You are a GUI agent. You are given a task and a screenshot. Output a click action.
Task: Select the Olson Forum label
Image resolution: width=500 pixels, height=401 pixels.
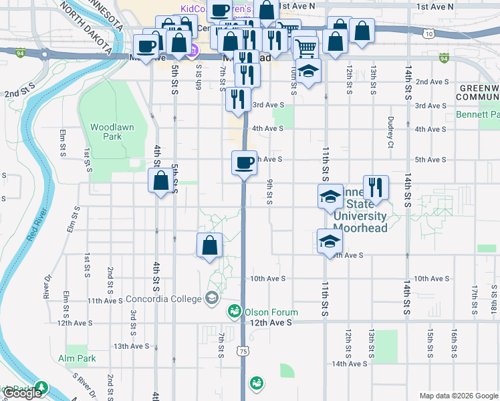[271, 312]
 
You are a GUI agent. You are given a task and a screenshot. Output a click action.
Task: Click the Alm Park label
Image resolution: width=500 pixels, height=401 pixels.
[77, 358]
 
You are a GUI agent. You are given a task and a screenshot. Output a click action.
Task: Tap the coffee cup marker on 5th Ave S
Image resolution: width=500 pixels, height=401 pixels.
[244, 162]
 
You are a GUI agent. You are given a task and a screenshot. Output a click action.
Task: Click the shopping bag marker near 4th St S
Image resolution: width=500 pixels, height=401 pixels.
[160, 180]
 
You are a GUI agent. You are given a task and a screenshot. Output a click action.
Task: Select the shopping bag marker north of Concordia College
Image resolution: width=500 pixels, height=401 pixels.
[210, 245]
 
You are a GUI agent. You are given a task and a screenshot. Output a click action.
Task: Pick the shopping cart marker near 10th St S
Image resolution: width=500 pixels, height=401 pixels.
[305, 47]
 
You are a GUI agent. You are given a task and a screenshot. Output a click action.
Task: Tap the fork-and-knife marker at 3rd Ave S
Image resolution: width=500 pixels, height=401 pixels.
[238, 100]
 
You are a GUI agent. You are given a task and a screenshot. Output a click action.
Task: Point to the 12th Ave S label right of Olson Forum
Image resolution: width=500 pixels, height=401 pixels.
[272, 323]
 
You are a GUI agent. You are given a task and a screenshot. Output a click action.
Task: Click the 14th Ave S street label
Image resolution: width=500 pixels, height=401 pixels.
[350, 364]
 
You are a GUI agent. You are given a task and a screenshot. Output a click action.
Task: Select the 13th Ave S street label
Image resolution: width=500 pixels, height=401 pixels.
[130, 346]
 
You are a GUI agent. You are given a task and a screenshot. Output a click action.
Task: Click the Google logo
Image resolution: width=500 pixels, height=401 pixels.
[23, 393]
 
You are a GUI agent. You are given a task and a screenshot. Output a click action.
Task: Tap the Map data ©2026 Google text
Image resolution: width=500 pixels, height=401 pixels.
[459, 396]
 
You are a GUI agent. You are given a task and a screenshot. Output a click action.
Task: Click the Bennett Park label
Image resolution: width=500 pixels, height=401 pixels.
[477, 115]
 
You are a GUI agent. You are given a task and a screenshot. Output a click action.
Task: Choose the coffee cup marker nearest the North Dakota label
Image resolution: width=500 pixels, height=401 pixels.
[146, 47]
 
